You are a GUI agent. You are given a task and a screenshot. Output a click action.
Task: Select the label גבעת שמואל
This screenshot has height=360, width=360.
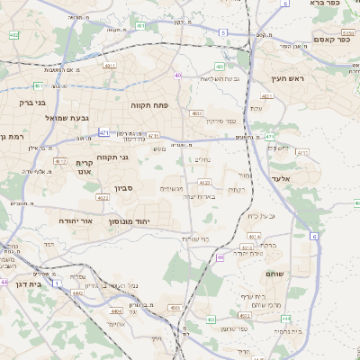coord(67,119)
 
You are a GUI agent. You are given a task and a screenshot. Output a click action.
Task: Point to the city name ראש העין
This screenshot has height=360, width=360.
coord(290,79)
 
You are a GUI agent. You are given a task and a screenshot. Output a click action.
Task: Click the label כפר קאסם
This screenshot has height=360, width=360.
coord(330,39)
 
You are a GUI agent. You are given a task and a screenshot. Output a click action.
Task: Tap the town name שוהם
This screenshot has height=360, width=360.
coord(275,272)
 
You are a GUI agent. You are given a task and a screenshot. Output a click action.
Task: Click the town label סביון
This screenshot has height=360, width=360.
coord(124,190)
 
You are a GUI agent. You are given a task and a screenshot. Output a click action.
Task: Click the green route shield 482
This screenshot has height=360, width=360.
coord(14,35)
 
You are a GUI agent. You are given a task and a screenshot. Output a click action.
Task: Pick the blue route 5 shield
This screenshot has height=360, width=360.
coord(221,32)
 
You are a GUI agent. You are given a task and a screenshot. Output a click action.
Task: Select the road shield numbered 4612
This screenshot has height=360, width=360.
coord(59,161)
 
